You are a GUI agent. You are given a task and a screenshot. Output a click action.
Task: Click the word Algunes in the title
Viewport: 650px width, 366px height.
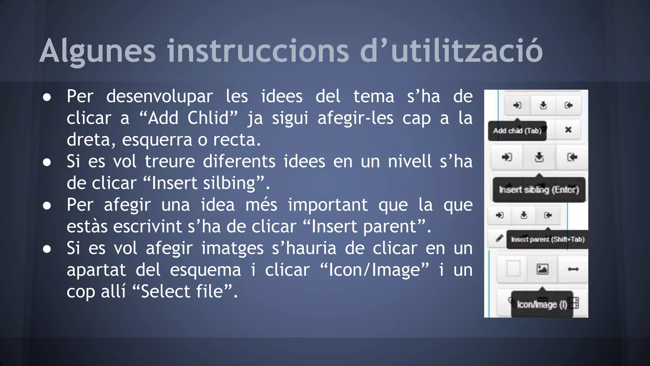click(x=98, y=51)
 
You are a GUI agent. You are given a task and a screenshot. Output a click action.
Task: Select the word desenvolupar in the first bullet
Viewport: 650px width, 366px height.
click(x=159, y=97)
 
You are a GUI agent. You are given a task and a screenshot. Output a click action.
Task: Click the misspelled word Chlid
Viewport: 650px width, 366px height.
click(x=208, y=118)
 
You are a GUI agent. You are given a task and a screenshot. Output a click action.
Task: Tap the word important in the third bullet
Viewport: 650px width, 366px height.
click(x=328, y=205)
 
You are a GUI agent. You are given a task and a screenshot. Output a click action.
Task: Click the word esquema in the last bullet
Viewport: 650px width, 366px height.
click(x=205, y=270)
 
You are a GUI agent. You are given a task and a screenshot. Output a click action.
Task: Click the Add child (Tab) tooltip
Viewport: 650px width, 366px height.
click(x=517, y=131)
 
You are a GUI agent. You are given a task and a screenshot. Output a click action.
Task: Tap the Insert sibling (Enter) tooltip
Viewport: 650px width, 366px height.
click(x=539, y=190)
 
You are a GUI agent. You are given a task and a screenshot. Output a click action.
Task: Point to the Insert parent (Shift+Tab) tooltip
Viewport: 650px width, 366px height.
click(x=547, y=239)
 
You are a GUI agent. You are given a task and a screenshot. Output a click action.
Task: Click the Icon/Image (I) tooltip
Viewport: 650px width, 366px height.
click(x=542, y=304)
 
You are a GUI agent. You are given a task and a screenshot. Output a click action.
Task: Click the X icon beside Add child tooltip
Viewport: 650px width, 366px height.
click(x=568, y=130)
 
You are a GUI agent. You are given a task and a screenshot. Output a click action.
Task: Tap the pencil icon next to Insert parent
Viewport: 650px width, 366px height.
click(x=499, y=238)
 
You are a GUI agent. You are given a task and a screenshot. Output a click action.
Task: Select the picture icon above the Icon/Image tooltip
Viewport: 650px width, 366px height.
click(x=542, y=269)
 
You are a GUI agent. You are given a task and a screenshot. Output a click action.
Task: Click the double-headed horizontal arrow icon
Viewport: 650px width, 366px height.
click(x=573, y=269)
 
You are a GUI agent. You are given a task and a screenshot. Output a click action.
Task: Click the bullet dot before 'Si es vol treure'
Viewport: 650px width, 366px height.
click(x=47, y=162)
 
